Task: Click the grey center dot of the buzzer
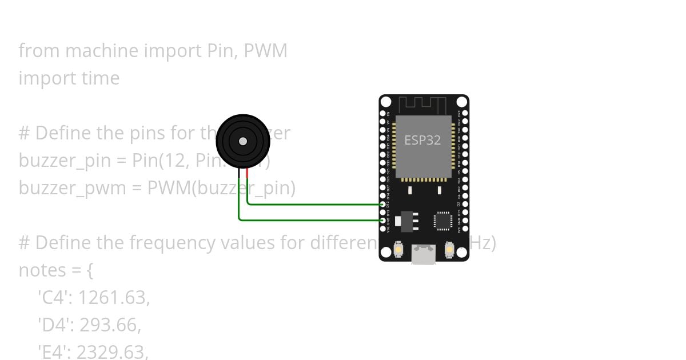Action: pyautogui.click(x=243, y=141)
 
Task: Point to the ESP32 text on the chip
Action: pyautogui.click(x=422, y=140)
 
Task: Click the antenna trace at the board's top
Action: pyautogui.click(x=422, y=105)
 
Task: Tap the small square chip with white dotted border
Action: pyautogui.click(x=443, y=221)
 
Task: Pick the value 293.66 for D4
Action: pyautogui.click(x=110, y=325)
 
